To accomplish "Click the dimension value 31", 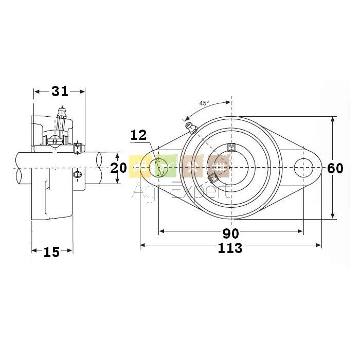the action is point(60,92).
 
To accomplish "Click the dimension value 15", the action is point(51,252).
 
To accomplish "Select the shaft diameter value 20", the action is point(118,168).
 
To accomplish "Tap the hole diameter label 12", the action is point(139,135).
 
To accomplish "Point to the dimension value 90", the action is point(231,233).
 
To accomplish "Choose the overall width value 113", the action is point(230,248).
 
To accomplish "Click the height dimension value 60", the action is point(335,168).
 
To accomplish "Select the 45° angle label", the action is point(204,103).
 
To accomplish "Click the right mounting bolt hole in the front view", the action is point(303,168).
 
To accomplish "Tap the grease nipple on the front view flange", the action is point(191,128).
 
